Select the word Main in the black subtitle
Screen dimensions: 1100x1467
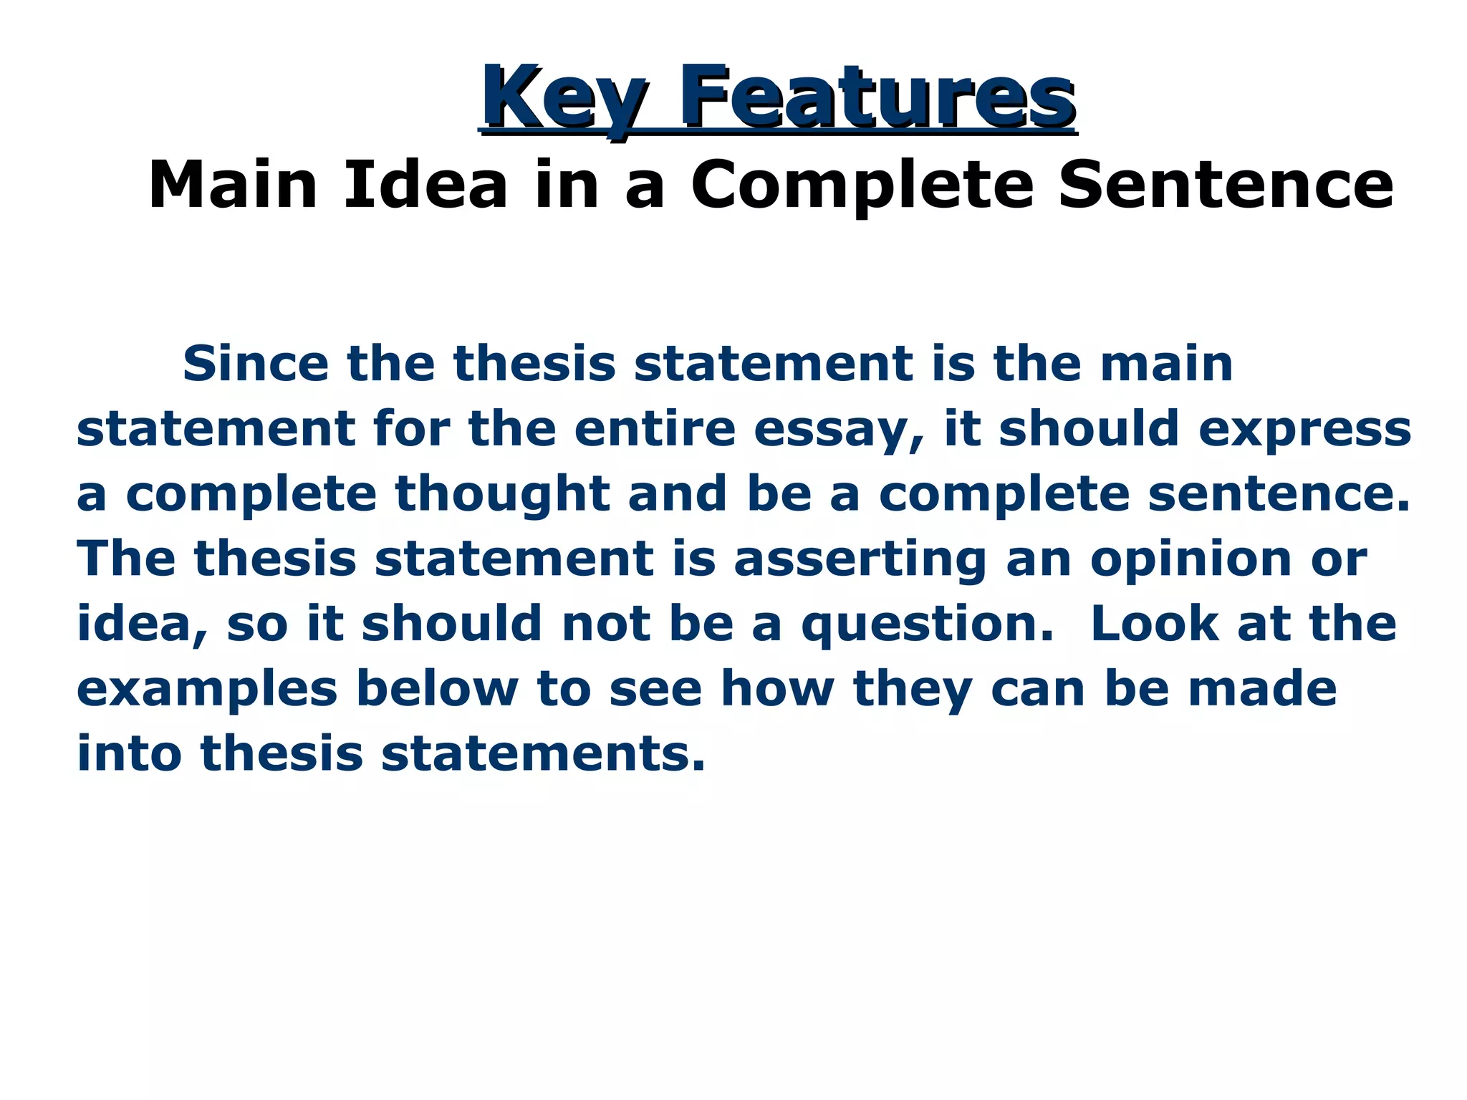[x=233, y=185]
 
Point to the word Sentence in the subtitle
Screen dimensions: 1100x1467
[x=1226, y=185]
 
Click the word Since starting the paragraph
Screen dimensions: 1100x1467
[x=256, y=364]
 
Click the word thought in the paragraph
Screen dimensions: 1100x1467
[x=502, y=494]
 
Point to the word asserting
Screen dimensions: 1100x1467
[x=860, y=559]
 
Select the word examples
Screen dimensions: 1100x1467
[x=207, y=689]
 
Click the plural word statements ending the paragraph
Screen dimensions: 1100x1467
[x=543, y=754]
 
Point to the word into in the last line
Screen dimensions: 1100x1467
[x=129, y=753]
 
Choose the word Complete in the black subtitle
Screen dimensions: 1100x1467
[x=862, y=185]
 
